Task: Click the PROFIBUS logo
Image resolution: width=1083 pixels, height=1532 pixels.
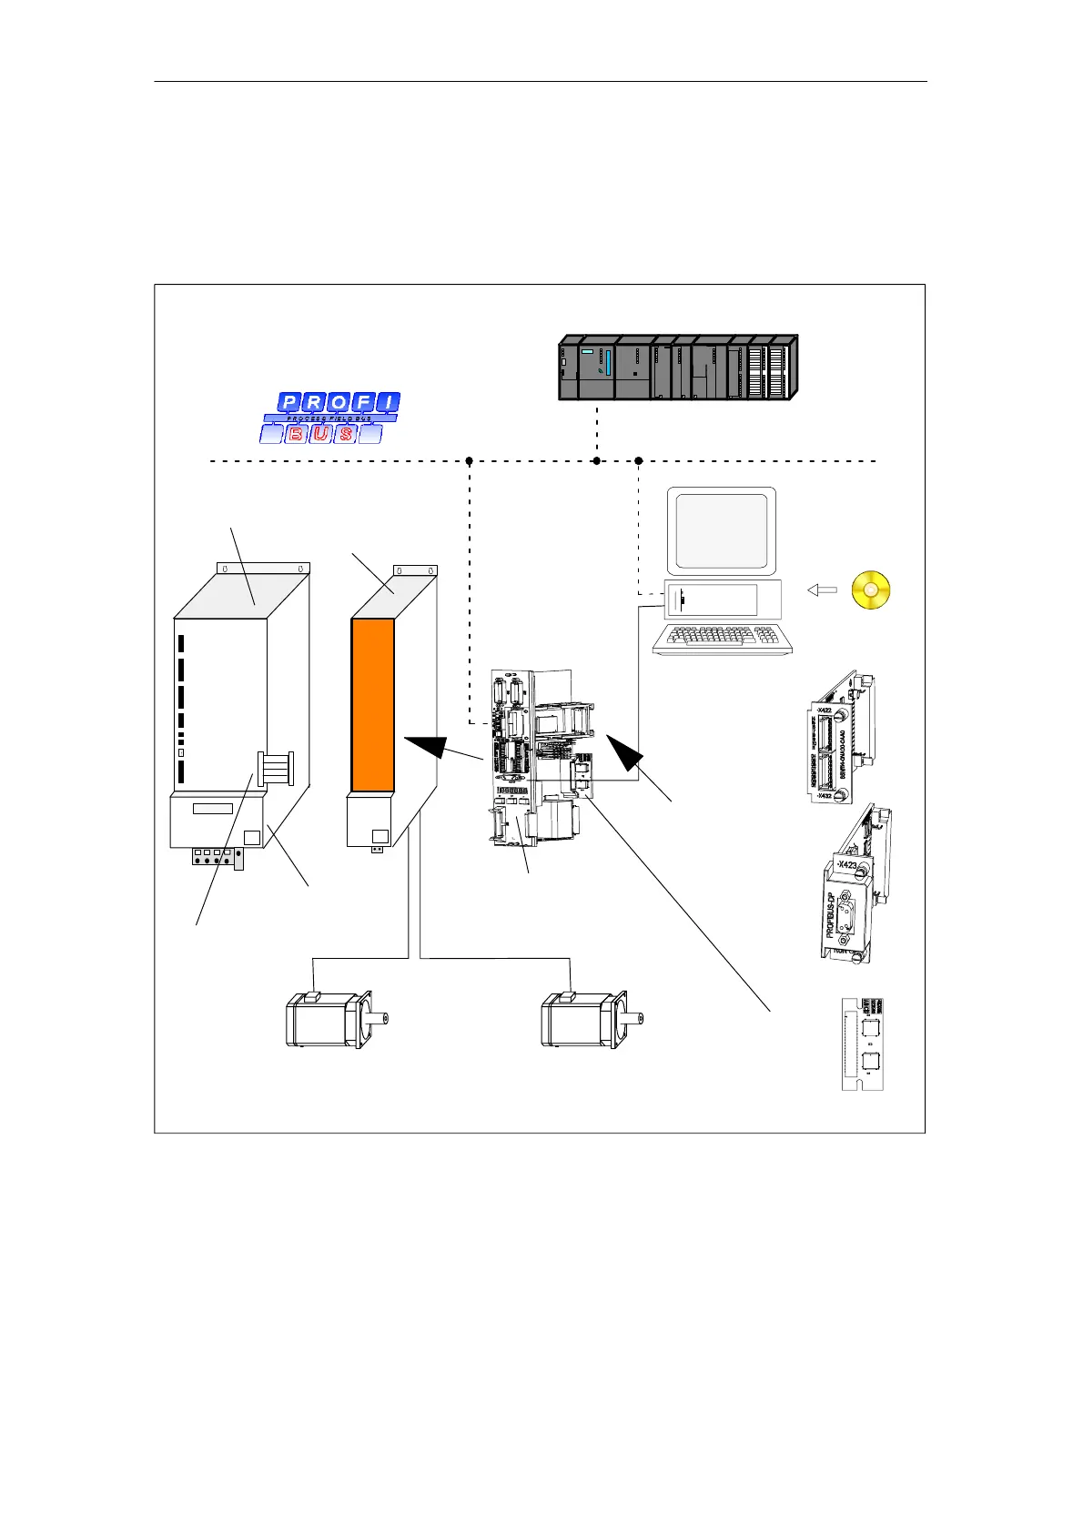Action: [x=330, y=418]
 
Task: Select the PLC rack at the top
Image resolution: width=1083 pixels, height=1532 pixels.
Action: [x=677, y=368]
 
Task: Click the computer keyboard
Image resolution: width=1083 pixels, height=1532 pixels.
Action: [x=723, y=639]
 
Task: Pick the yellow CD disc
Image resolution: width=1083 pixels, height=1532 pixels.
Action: [x=871, y=590]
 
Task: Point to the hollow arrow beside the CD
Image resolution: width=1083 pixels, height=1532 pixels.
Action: [x=822, y=590]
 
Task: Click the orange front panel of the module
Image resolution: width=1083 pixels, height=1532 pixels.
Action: [x=372, y=704]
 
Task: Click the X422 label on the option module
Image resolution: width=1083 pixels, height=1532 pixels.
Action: [x=823, y=711]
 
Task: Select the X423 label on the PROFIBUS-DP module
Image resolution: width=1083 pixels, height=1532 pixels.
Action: [x=845, y=865]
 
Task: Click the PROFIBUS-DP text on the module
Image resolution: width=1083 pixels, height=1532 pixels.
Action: [x=830, y=913]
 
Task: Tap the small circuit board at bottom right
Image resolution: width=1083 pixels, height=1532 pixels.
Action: [x=862, y=1044]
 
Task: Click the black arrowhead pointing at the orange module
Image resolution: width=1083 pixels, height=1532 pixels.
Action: [x=428, y=746]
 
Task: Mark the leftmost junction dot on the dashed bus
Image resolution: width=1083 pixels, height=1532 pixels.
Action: [x=469, y=461]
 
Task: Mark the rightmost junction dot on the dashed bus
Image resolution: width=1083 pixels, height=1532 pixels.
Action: [x=638, y=461]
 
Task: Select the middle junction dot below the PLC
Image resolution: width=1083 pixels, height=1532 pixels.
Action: [x=596, y=461]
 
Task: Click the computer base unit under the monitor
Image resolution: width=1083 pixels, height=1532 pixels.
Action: [x=723, y=600]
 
